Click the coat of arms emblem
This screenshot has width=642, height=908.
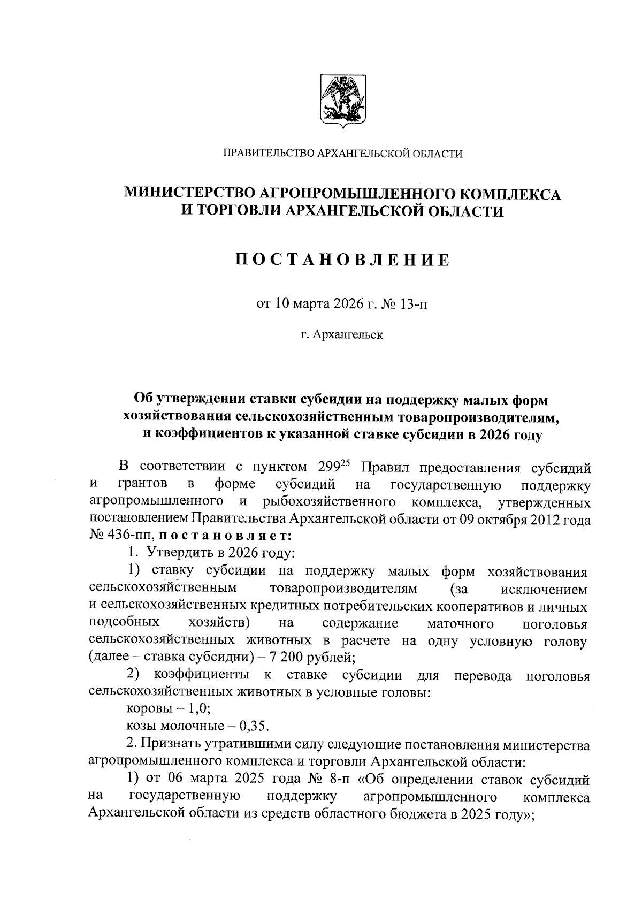[x=342, y=100]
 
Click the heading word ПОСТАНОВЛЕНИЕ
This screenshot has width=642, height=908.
[x=342, y=260]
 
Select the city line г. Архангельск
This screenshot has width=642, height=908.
[x=342, y=335]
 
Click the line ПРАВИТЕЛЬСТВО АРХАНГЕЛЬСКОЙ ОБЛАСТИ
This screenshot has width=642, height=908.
[x=342, y=154]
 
